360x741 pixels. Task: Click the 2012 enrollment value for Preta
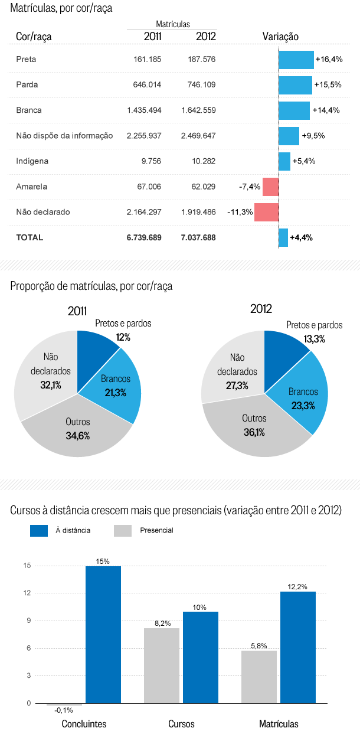pos(199,60)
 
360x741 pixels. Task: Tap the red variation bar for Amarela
pos(270,187)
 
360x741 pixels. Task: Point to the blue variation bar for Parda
pos(295,85)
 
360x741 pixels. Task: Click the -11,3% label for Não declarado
pos(240,212)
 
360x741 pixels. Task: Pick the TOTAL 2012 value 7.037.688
pos(198,237)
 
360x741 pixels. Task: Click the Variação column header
pos(280,37)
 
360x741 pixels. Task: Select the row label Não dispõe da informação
pos(64,136)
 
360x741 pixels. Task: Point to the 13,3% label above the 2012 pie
pos(315,339)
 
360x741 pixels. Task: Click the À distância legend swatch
pos(38,530)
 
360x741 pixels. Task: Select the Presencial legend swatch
pos(122,530)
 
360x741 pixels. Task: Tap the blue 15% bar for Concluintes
pos(103,635)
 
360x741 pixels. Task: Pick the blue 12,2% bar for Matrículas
pos(297,647)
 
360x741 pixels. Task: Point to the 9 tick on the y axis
pos(28,621)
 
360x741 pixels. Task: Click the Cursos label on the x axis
pos(181,724)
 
